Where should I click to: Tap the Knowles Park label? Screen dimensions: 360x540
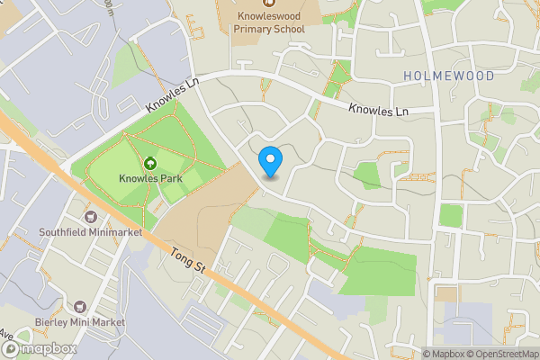[x=150, y=178]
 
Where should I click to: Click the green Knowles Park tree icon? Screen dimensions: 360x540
[x=150, y=163]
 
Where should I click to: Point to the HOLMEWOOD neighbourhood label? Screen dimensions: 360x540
[x=449, y=76]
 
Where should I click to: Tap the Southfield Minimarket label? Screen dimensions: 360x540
[x=90, y=232]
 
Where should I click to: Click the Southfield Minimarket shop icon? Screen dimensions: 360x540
[x=90, y=217]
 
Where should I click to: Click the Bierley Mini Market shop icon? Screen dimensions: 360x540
[x=81, y=307]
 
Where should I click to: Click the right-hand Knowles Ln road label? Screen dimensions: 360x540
[x=379, y=110]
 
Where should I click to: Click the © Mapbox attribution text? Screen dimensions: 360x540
[x=444, y=353]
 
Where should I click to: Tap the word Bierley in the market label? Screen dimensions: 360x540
[x=54, y=322]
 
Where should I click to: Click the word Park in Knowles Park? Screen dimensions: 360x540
[x=169, y=178]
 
